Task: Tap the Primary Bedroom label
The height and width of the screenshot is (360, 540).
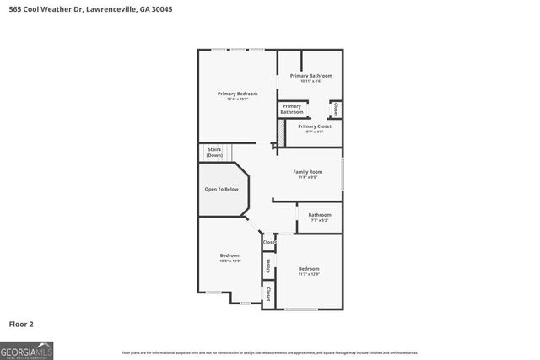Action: coord(237,94)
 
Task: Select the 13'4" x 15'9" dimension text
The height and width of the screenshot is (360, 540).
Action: coord(237,99)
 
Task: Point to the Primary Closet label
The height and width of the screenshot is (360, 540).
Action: coord(314,126)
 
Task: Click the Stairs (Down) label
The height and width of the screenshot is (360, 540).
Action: coord(214,153)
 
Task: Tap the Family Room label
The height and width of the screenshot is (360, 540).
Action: coord(307,172)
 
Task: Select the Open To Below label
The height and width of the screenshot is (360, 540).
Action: coord(222,190)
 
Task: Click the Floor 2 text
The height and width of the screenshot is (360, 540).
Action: coord(21,323)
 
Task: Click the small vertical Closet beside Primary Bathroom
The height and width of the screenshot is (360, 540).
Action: coord(336,109)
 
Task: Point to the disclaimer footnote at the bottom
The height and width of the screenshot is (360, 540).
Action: coord(269,352)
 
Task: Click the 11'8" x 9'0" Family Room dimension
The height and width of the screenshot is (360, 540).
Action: coord(307,177)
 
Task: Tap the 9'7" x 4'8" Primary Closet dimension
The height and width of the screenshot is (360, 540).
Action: coord(314,132)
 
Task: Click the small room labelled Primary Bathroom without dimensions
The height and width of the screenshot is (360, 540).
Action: coord(292,109)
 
